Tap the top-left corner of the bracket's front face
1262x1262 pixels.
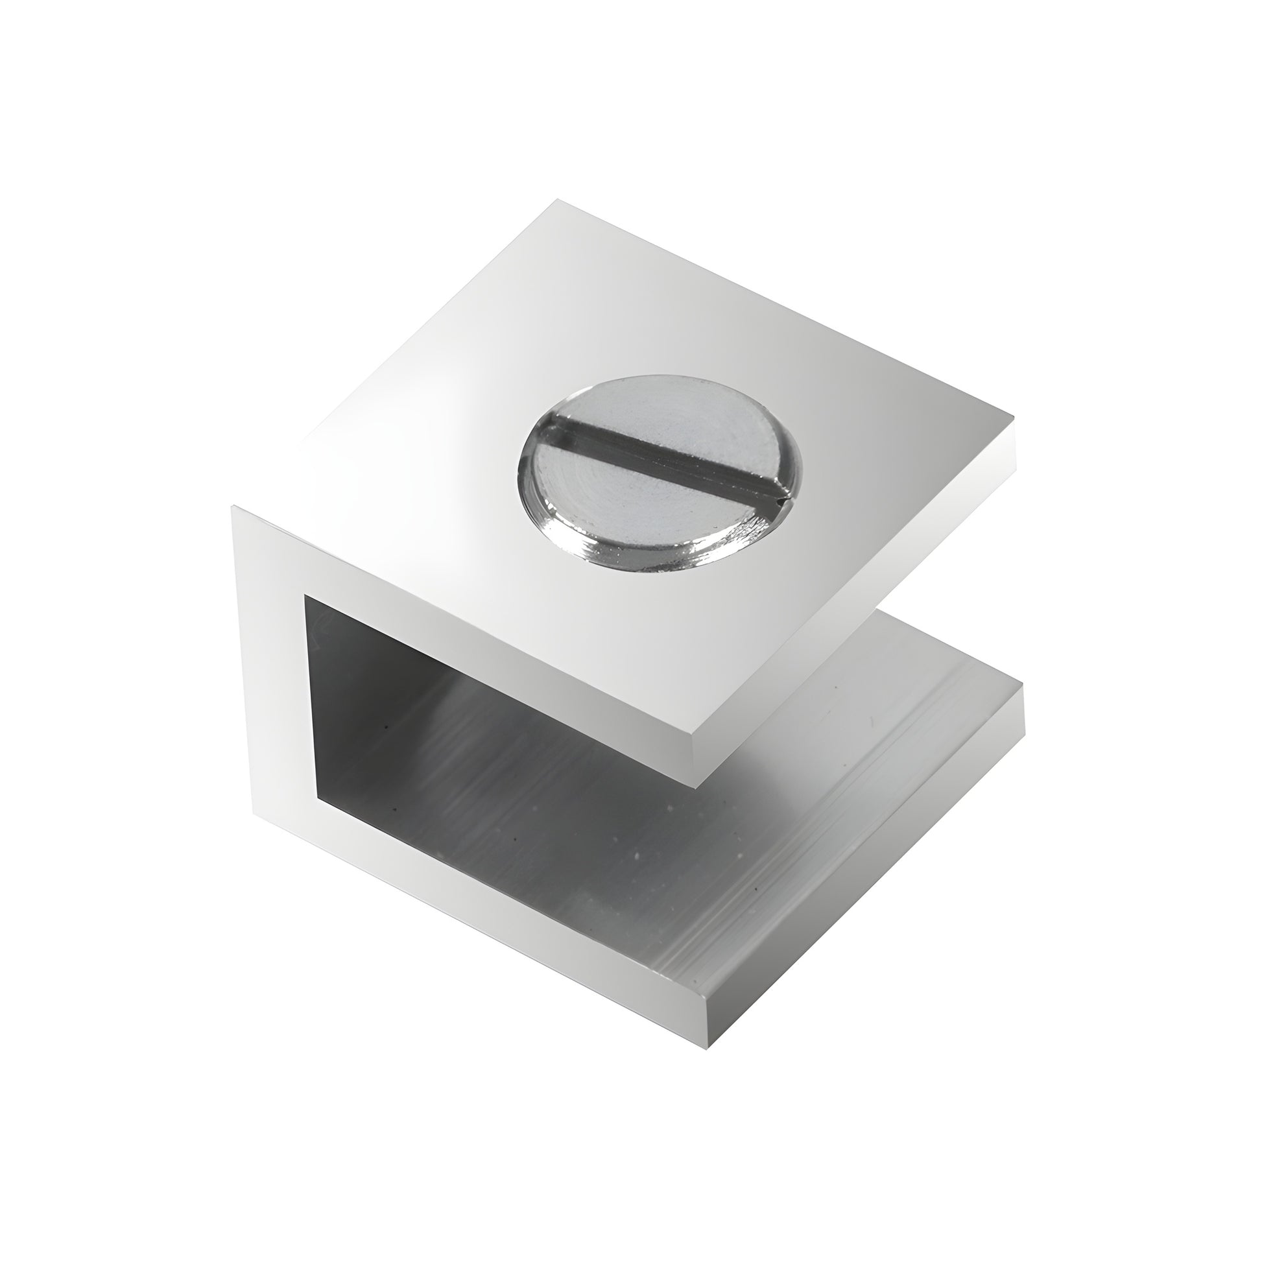click(233, 508)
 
